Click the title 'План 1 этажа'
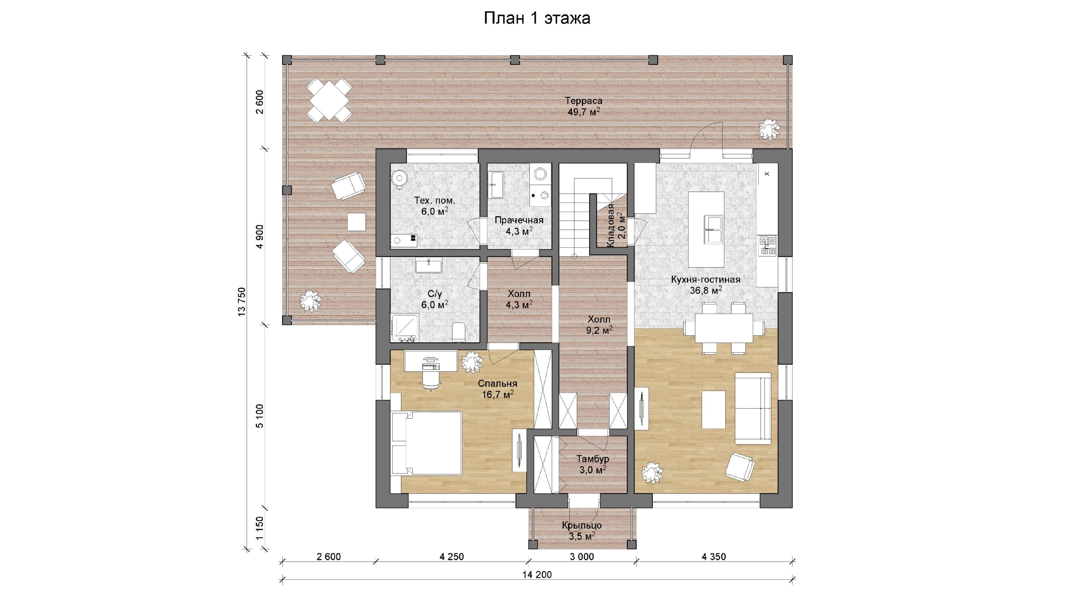coord(537,18)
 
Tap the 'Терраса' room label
coord(583,101)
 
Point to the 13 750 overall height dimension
coord(241,302)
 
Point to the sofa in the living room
coord(753,408)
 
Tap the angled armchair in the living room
coord(740,466)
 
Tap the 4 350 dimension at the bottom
coord(714,556)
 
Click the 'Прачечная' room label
coord(519,220)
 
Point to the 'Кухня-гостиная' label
coord(706,280)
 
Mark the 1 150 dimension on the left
coord(260,528)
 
